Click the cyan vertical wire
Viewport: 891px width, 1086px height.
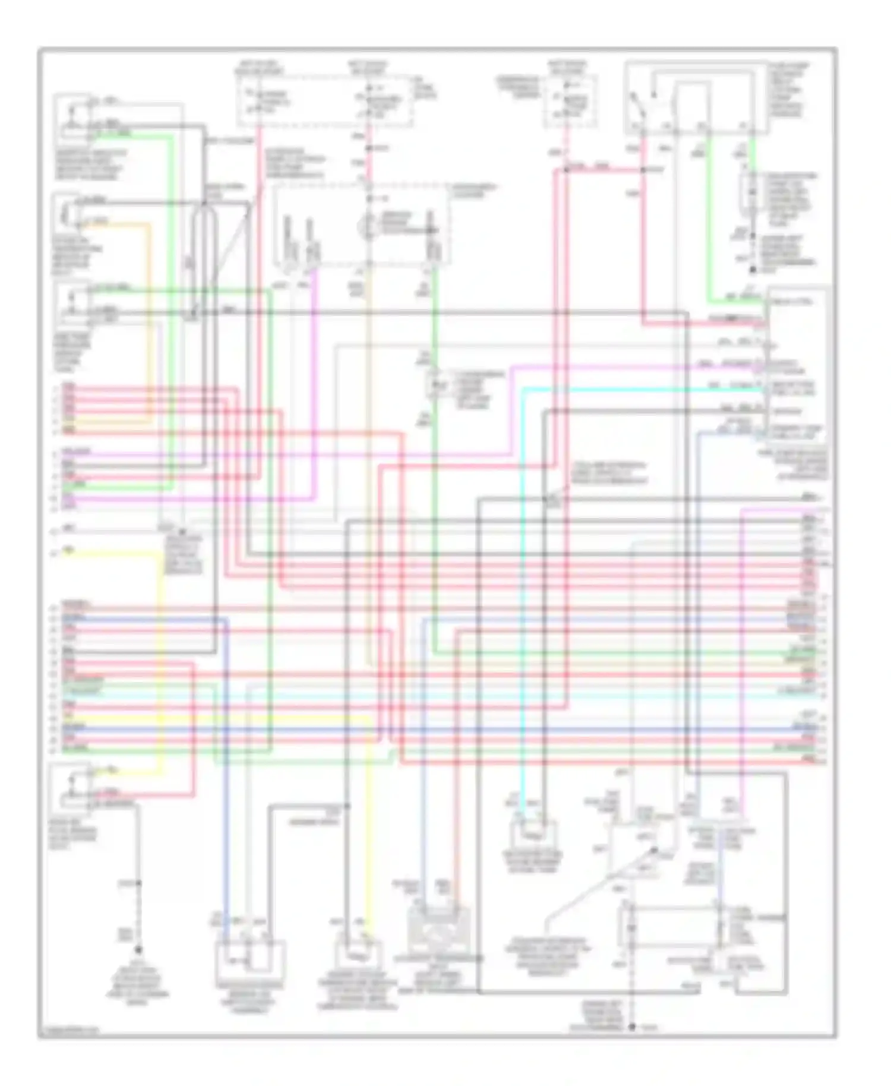[x=522, y=594]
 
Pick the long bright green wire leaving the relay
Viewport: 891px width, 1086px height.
[x=708, y=238]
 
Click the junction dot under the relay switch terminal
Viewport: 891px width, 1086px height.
[x=643, y=170]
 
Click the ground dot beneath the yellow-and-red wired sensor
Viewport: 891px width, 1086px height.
[x=139, y=950]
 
